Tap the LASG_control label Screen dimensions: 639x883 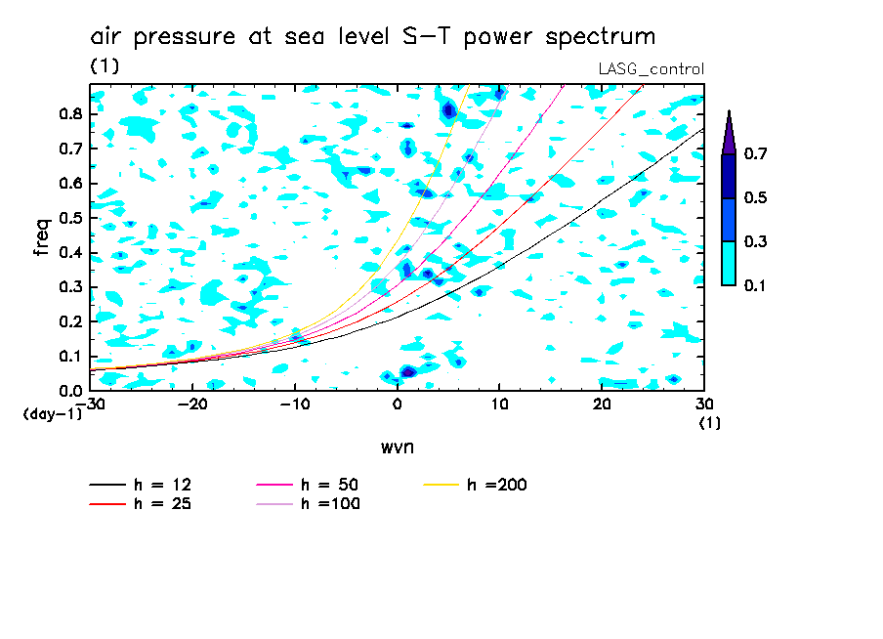click(x=651, y=68)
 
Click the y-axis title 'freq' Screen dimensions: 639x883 click(x=41, y=236)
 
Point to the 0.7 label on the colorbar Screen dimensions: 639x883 click(x=754, y=153)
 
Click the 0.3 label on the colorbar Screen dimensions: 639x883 click(x=754, y=241)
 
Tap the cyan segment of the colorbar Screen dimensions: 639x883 click(x=729, y=263)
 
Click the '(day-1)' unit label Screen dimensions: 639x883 click(x=52, y=414)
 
